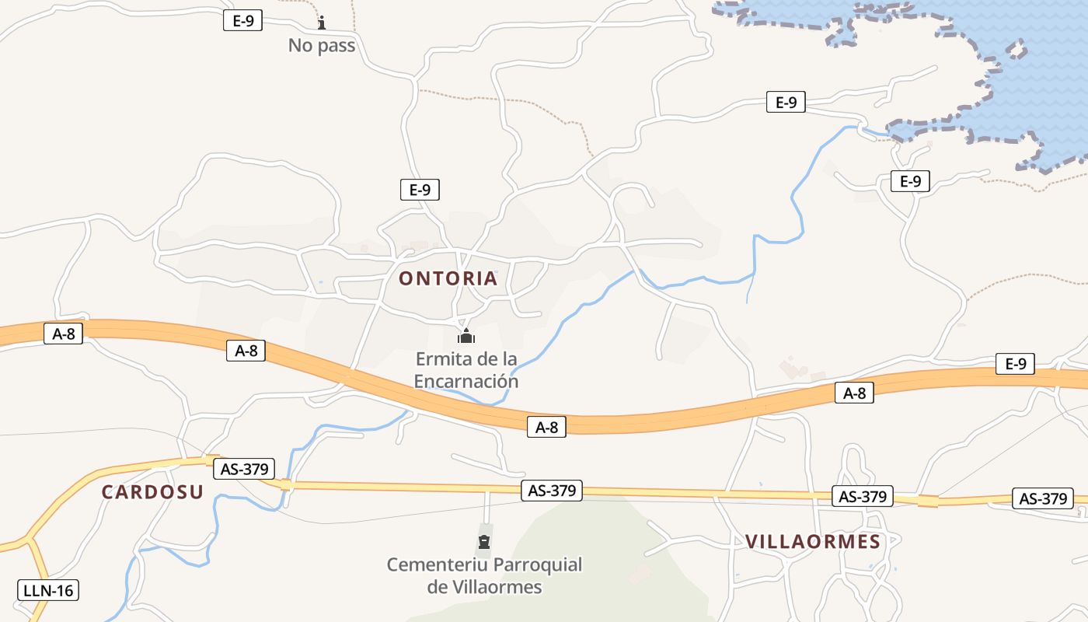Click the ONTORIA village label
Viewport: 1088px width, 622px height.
(448, 278)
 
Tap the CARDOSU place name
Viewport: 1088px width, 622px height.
(152, 491)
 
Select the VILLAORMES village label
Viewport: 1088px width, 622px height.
(813, 542)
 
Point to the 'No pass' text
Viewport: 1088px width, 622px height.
(322, 45)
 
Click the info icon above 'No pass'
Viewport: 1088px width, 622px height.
(322, 23)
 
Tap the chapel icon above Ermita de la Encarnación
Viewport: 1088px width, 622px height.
(466, 336)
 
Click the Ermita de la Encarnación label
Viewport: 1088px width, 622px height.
(466, 370)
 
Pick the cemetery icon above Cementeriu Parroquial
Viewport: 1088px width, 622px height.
(485, 541)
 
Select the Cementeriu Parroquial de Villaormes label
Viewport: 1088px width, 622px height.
(484, 575)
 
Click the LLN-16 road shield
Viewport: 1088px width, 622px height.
(48, 590)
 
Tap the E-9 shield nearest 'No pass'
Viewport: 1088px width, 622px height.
(243, 20)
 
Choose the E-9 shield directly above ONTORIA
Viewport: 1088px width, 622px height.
(420, 189)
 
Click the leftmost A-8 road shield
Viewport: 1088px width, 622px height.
(63, 334)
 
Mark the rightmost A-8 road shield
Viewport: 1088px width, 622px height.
(854, 393)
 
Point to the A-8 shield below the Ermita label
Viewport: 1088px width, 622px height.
(547, 426)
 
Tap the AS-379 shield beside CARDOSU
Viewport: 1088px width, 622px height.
(244, 469)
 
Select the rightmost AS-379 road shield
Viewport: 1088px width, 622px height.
(1043, 498)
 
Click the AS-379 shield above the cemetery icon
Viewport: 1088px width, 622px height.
(552, 491)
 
